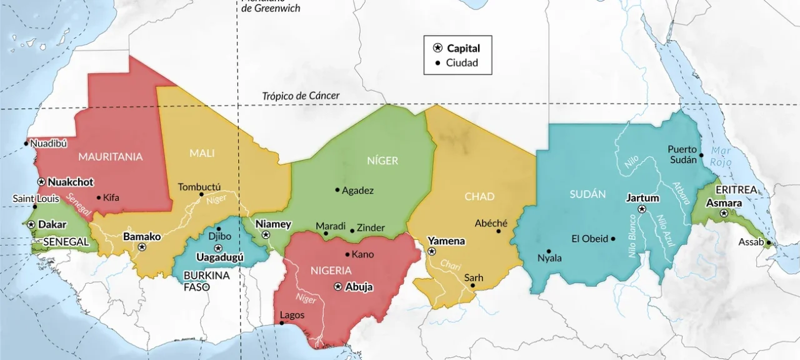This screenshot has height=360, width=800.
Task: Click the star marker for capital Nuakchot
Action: coord(41,182)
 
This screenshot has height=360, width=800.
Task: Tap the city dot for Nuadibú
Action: coord(26,144)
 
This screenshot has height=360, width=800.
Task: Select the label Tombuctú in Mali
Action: coord(199,186)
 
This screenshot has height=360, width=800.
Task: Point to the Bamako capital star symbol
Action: coord(142,247)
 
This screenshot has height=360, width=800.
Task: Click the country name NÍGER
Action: coord(382,161)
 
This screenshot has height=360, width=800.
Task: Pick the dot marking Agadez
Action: coord(337,190)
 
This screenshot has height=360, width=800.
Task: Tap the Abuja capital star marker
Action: coord(338,287)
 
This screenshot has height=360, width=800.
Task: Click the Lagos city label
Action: coord(292,314)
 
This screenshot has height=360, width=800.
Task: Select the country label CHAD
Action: coord(479,196)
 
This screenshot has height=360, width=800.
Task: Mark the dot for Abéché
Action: coord(499,231)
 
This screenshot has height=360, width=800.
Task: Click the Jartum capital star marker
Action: coord(641,209)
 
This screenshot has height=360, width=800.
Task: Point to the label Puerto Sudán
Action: coord(682,154)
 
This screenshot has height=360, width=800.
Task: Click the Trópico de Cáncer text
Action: coord(301,96)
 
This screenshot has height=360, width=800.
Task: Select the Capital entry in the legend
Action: coord(463,48)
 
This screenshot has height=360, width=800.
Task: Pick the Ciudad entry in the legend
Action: coord(462,62)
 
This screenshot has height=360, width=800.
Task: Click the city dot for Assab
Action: coord(769,243)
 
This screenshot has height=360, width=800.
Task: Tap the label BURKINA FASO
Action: coord(206,281)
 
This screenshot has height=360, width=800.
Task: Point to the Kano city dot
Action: coord(347,254)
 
